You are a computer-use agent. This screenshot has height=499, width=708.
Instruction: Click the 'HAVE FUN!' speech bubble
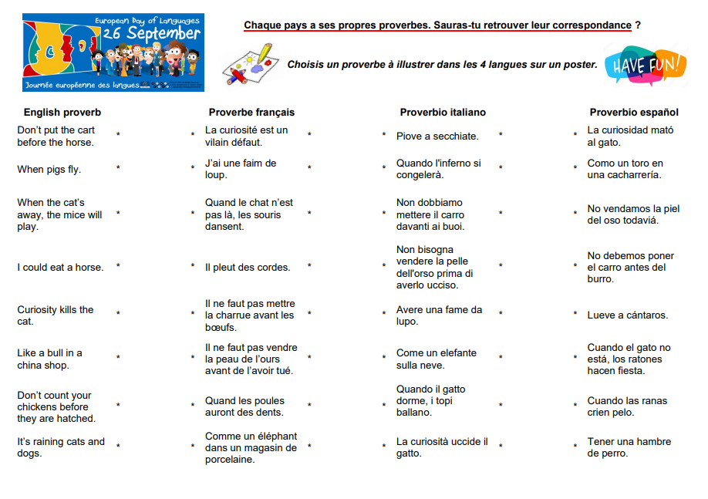click(646, 66)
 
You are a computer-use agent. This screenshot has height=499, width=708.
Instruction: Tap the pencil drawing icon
click(249, 64)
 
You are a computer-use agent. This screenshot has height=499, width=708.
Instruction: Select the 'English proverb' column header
click(62, 113)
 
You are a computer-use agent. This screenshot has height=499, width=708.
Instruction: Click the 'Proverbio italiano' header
click(443, 113)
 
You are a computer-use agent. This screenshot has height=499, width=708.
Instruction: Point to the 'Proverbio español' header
click(634, 113)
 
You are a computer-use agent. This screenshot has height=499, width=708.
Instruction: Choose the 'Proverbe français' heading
click(251, 113)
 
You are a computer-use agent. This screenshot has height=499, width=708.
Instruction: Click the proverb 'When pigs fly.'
click(49, 170)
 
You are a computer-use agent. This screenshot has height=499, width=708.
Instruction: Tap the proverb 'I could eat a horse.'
click(60, 268)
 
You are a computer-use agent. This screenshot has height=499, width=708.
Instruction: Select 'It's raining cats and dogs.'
click(61, 447)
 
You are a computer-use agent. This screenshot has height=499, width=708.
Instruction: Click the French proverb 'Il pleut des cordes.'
click(248, 268)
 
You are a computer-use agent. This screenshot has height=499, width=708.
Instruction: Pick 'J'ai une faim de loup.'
click(241, 169)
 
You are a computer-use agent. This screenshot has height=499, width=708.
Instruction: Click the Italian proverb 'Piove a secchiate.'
click(437, 137)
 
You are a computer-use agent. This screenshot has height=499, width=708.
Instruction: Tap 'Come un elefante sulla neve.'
click(437, 359)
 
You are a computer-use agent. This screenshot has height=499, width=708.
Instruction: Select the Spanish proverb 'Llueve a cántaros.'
click(628, 315)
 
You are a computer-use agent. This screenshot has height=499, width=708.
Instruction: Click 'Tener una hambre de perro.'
click(629, 447)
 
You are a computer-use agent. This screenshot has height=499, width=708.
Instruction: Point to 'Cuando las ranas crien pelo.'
click(627, 406)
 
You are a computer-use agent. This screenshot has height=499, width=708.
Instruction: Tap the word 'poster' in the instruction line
click(581, 65)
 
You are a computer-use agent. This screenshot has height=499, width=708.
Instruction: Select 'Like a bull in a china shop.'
click(49, 359)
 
